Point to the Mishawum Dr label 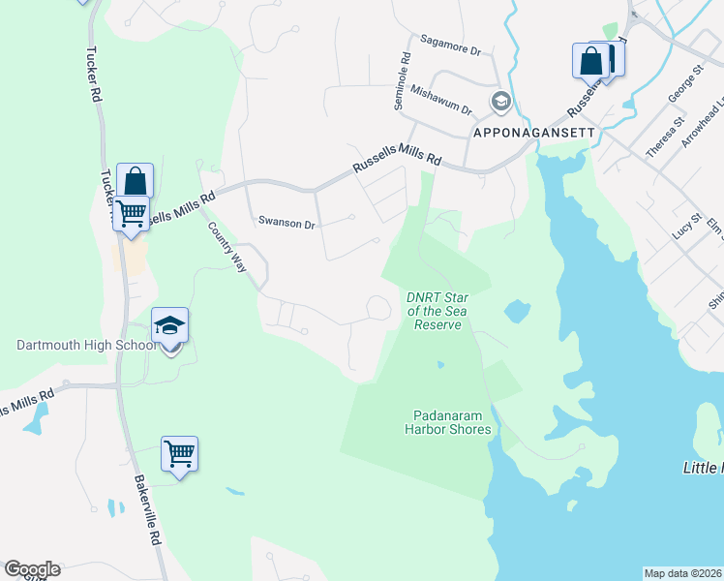(440, 100)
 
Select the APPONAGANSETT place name (531, 130)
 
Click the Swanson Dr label (287, 223)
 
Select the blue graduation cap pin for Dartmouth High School (169, 326)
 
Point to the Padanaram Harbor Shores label (448, 423)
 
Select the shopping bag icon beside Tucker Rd (136, 180)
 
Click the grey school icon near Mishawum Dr (500, 100)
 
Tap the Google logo (31, 569)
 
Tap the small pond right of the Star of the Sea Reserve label (517, 311)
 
